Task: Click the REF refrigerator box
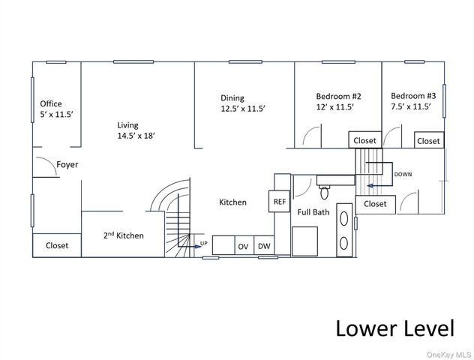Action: (279, 201)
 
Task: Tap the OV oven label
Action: (243, 247)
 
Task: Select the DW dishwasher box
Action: (264, 245)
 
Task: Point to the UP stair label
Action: (204, 243)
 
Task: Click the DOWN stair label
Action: (403, 175)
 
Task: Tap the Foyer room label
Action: (67, 165)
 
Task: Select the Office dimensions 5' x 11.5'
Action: (57, 115)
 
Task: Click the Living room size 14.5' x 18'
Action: (136, 136)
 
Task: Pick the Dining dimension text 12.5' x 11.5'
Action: (243, 109)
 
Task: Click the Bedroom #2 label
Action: (338, 97)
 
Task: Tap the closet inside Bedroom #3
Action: (429, 139)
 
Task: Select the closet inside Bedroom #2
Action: (364, 139)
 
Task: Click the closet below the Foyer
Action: (57, 245)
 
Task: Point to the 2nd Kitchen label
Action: (123, 235)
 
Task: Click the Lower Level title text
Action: (394, 328)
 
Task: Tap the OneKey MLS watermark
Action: (448, 355)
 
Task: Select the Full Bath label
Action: (313, 212)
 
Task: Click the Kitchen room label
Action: (232, 202)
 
